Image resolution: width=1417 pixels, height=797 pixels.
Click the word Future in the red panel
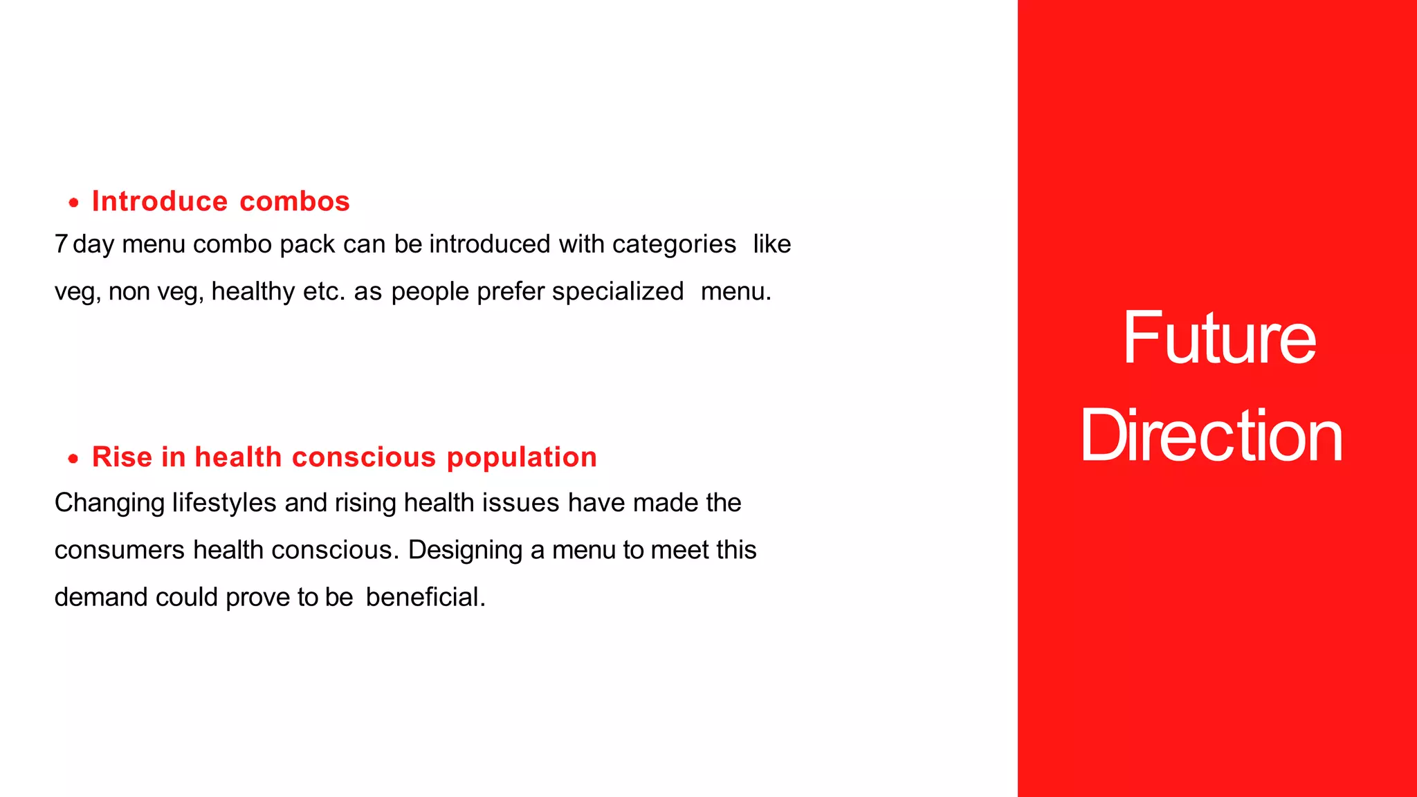1218,338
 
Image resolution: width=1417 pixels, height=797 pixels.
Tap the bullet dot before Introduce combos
74,203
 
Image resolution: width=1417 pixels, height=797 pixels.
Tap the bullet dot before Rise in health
74,458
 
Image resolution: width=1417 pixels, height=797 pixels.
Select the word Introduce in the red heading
160,201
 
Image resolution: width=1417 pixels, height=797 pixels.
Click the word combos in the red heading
295,201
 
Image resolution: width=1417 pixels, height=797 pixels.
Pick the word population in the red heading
521,457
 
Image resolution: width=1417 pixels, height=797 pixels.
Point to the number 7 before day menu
61,244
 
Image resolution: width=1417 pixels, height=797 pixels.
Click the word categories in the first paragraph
674,244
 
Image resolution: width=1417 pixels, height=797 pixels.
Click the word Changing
109,503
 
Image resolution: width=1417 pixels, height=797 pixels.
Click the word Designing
465,550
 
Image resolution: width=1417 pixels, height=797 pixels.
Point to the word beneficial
425,597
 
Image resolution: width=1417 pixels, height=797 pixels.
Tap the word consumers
120,550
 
